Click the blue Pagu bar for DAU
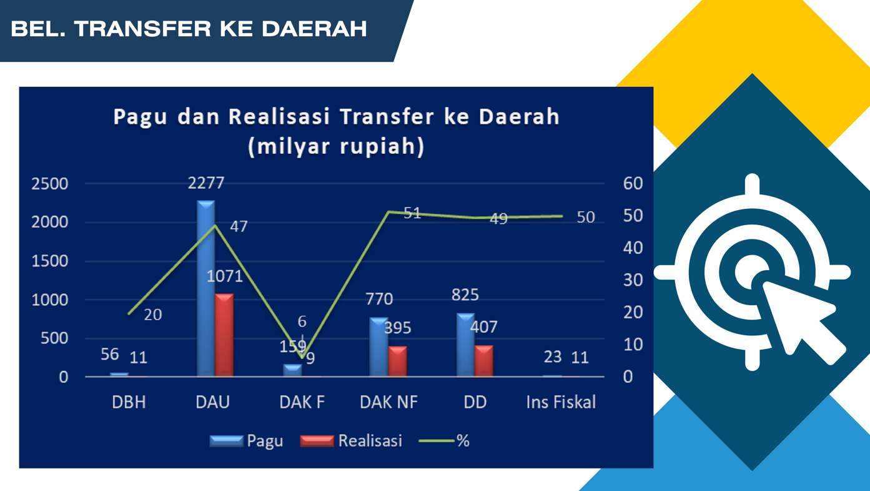coord(206,288)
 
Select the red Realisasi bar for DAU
coord(224,335)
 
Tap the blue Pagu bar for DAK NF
coord(378,347)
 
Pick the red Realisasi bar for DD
coord(484,361)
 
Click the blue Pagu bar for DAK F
coord(292,370)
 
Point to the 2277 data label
coord(206,183)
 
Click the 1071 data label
coord(224,276)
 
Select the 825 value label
coord(465,295)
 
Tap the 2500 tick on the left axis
coord(50,184)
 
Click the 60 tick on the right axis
coord(633,183)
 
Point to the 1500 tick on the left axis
coord(50,261)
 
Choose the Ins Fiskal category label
coord(561,402)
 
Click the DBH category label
coord(129,402)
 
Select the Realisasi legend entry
coord(351,441)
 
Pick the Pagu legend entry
coord(246,441)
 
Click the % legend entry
coord(444,441)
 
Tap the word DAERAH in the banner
coord(314,29)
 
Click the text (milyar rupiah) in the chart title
coord(337,146)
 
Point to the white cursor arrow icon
coord(803,321)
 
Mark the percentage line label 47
coord(239,226)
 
